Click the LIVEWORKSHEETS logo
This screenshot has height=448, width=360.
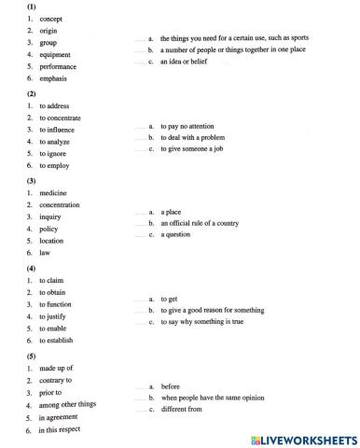coord(298,438)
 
